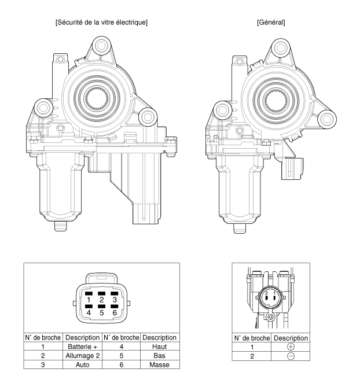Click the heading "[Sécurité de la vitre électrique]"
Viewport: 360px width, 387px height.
click(x=101, y=23)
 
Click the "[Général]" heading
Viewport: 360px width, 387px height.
click(x=271, y=23)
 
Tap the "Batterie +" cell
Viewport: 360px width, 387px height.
click(x=82, y=347)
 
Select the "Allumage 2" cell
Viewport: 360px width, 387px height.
click(x=82, y=356)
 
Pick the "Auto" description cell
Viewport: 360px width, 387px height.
click(x=82, y=365)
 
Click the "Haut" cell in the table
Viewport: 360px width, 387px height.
click(x=160, y=347)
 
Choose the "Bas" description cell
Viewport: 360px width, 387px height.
click(x=160, y=356)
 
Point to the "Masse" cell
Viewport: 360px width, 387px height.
click(x=160, y=365)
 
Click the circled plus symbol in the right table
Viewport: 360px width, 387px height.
click(x=291, y=347)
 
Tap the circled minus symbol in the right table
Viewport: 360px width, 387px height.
click(x=291, y=356)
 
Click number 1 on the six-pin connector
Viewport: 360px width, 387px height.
click(x=89, y=300)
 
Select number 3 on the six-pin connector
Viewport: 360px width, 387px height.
click(x=115, y=300)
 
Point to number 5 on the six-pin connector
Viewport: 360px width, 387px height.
click(x=102, y=313)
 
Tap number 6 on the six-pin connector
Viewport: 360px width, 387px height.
click(x=115, y=313)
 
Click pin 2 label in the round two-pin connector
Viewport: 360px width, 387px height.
click(x=266, y=293)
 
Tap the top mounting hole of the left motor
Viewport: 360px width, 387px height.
click(x=101, y=46)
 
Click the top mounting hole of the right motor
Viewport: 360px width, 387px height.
click(x=281, y=47)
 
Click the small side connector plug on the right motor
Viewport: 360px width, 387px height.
click(x=293, y=168)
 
